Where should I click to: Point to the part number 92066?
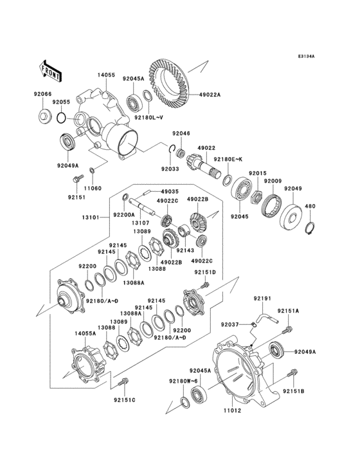(43, 94)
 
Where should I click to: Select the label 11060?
(93, 188)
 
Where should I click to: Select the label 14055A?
(85, 334)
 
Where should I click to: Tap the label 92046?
(181, 133)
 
